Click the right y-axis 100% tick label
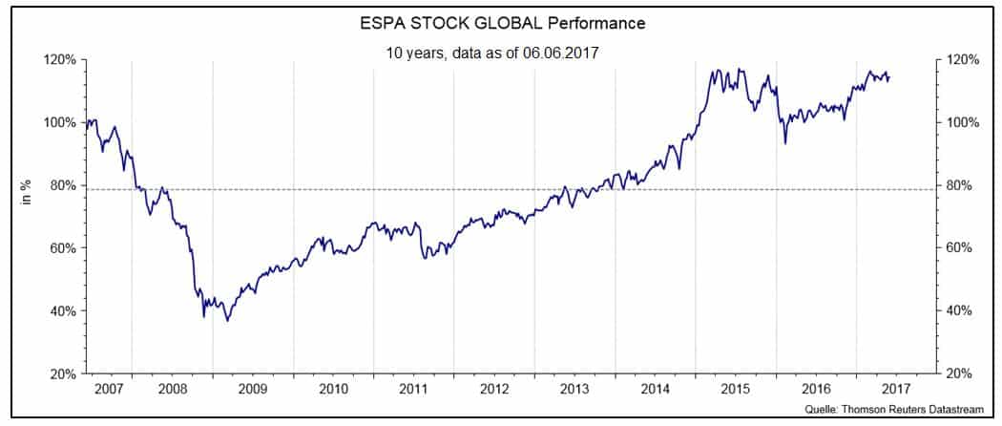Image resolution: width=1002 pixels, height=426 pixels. pyautogui.click(x=958, y=122)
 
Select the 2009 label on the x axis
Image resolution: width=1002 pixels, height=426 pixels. pyautogui.click(x=252, y=390)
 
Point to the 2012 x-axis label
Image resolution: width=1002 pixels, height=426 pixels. pyautogui.click(x=493, y=390)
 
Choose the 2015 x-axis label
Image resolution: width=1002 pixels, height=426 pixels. pyautogui.click(x=735, y=390)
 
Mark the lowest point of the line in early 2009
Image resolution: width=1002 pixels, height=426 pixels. pyautogui.click(x=227, y=321)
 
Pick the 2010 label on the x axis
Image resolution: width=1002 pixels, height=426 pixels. pyautogui.click(x=333, y=390)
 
